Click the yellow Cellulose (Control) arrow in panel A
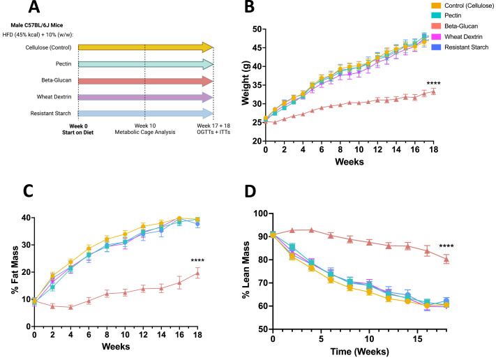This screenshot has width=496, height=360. (145, 47)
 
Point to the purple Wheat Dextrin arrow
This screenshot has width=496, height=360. (145, 98)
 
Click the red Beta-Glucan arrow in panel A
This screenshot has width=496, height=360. (145, 81)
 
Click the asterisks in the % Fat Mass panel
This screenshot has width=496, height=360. (200, 262)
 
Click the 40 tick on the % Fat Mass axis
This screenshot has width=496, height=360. (24, 218)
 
